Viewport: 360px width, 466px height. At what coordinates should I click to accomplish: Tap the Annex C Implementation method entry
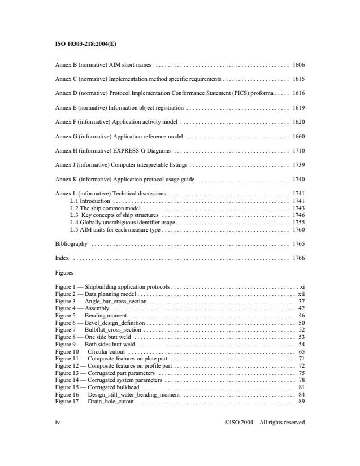(x=138, y=80)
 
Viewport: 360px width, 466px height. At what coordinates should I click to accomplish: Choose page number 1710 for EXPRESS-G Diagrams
(x=299, y=151)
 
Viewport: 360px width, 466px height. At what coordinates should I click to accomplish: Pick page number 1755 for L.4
(x=299, y=223)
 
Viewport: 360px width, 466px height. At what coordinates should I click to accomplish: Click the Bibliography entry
(x=71, y=244)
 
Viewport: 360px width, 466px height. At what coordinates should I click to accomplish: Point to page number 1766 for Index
(x=299, y=258)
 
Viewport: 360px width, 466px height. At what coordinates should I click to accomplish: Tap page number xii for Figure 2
(x=301, y=294)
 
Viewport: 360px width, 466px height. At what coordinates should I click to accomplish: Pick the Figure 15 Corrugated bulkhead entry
(x=99, y=387)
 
